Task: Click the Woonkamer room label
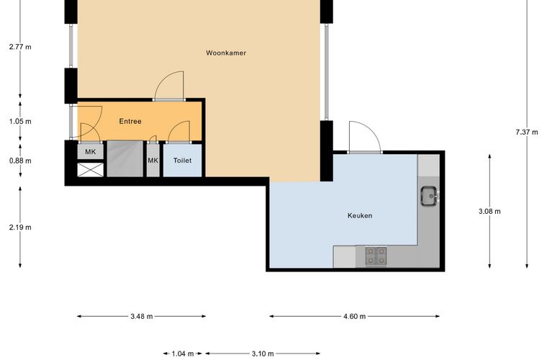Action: point(226,53)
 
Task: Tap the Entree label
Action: point(130,122)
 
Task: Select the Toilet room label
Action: point(182,161)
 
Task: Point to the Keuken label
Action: point(360,215)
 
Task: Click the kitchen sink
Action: point(429,196)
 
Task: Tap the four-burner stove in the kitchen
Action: point(376,256)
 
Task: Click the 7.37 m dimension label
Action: point(527,132)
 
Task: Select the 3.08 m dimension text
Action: point(489,212)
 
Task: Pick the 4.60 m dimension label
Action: point(354,316)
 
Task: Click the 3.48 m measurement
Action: point(142,316)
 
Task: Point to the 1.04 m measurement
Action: point(182,354)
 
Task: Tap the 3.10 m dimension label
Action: point(263,354)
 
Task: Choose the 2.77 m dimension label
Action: point(20,47)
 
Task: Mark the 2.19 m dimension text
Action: point(20,228)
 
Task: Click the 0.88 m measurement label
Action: point(20,161)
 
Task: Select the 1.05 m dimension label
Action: point(20,122)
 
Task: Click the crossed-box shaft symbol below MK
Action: point(91,170)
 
